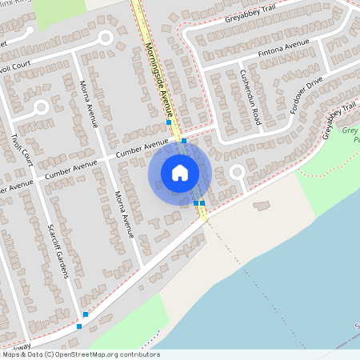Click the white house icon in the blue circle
tap(179, 172)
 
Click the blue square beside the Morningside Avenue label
tap(168, 122)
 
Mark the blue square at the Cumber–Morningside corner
tap(184, 141)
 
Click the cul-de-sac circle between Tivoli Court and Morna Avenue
tap(42, 106)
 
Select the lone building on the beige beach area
tap(262, 206)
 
